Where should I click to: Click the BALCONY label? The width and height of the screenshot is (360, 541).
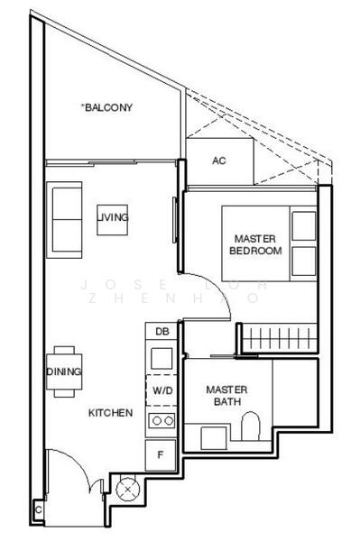pos(107,107)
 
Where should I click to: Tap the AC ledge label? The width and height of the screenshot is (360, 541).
pos(218,161)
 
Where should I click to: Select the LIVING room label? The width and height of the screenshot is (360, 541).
pos(114,217)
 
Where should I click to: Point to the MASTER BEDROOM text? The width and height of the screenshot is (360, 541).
pos(254,244)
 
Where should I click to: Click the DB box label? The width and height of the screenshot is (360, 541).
pos(162,333)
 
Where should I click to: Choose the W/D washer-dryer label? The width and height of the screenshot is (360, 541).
pos(162,391)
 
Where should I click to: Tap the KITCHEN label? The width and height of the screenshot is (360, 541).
pos(111,413)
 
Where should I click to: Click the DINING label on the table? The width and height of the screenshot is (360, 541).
pos(63,371)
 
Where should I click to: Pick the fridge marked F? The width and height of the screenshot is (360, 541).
pos(162,454)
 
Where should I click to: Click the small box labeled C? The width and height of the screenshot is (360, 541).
pos(38,510)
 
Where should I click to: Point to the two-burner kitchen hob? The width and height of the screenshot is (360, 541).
pos(162,420)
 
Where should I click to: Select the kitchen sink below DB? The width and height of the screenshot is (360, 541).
pos(162,358)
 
